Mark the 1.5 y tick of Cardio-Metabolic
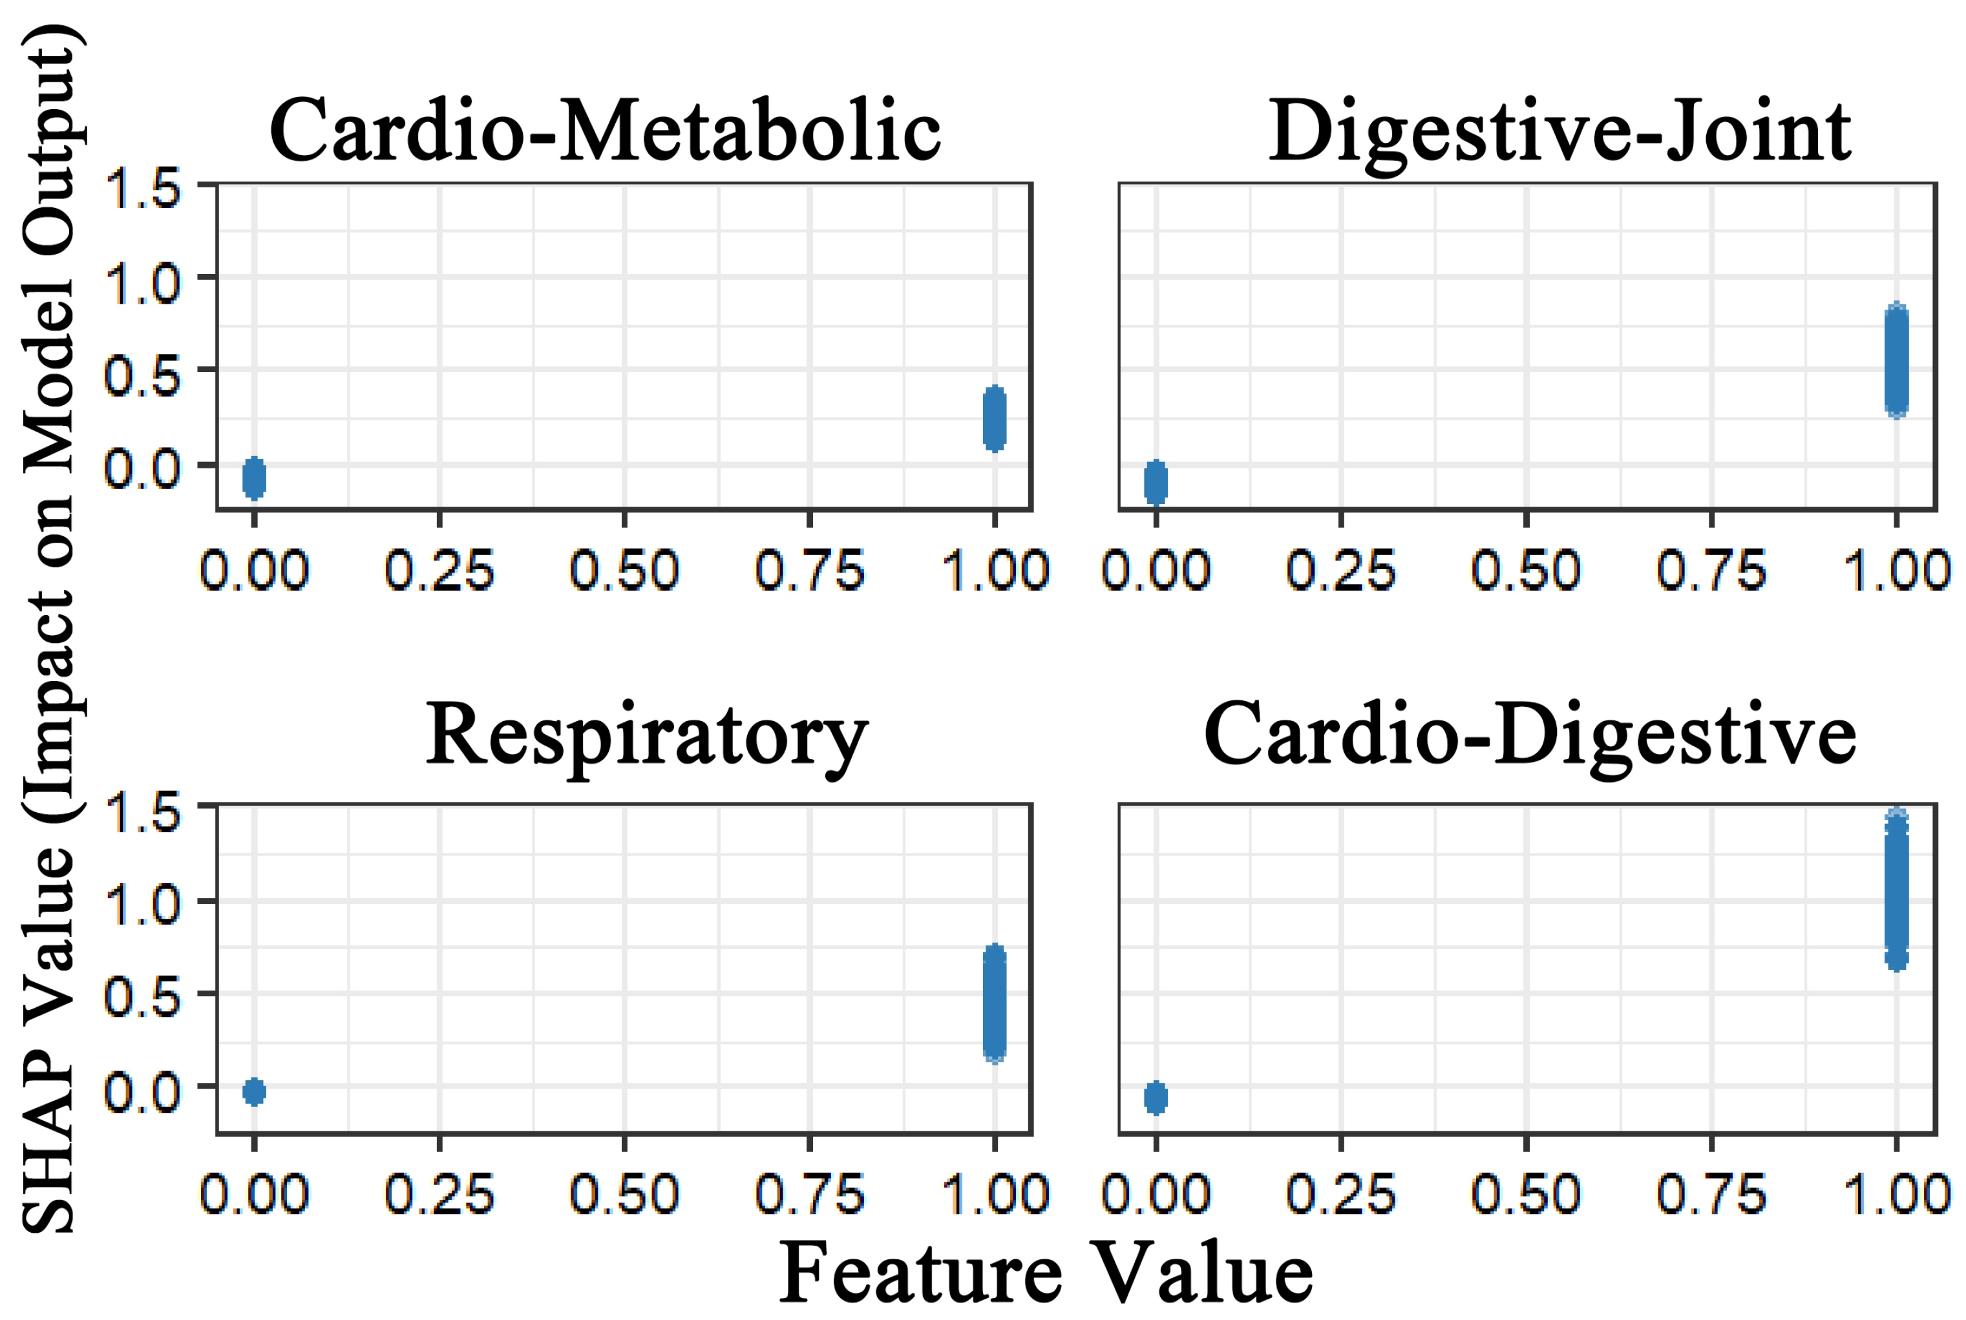pos(142,189)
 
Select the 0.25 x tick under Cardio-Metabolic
pos(439,571)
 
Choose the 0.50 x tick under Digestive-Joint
pos(1526,571)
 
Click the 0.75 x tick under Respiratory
pos(809,1194)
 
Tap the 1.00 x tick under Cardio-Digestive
pos(1896,1194)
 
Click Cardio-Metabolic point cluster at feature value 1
pos(995,419)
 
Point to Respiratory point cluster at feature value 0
pos(254,1092)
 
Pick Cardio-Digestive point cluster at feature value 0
pos(1156,1098)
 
